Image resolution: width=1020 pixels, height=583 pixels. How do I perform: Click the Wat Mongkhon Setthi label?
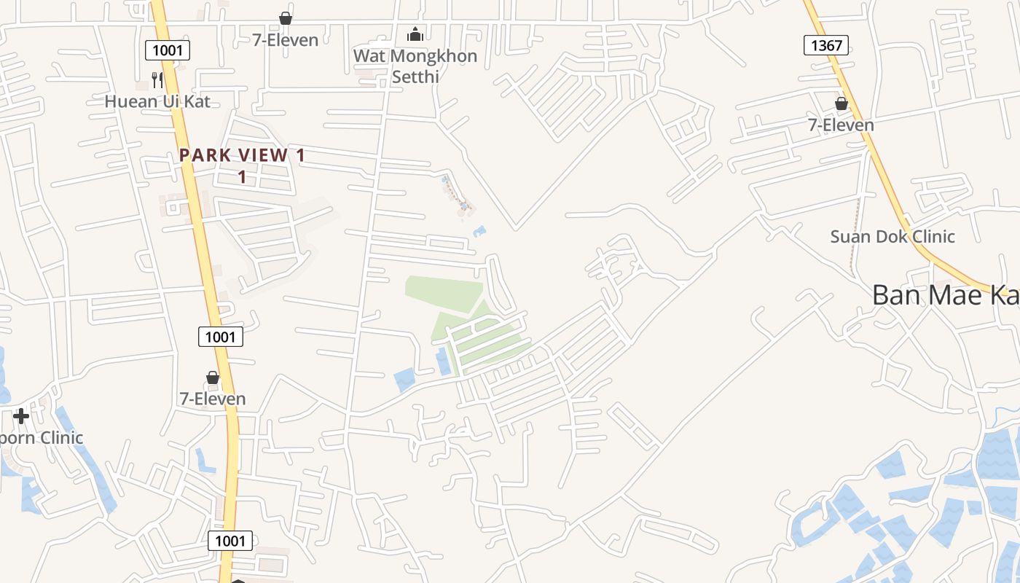[415, 66]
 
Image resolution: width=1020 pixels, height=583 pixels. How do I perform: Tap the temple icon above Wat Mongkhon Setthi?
[415, 34]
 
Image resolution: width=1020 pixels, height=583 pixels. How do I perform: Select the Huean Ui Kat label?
[157, 101]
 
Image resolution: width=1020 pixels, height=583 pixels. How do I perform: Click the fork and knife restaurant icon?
[157, 79]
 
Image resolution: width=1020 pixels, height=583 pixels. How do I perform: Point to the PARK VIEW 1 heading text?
[243, 155]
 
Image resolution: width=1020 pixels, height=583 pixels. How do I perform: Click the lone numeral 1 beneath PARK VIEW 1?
[243, 177]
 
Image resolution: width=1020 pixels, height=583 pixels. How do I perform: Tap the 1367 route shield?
[826, 45]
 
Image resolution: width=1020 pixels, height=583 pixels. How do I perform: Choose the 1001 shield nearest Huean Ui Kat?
[168, 50]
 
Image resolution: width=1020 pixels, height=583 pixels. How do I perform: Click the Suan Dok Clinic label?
[892, 237]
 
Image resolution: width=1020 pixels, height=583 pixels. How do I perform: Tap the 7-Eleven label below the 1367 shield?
[841, 125]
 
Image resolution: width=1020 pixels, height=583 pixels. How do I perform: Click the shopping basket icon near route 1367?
[841, 103]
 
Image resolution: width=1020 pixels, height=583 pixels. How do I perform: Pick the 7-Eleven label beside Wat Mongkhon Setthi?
[286, 40]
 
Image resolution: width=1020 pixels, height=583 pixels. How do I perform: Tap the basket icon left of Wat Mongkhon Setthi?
[286, 18]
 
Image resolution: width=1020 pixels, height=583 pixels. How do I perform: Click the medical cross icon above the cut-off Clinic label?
[21, 416]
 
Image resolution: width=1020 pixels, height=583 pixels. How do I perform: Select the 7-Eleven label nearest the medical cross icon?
[213, 399]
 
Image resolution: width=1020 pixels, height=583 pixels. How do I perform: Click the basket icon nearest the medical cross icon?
[213, 377]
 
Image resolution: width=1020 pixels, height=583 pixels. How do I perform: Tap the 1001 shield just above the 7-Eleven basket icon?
[221, 336]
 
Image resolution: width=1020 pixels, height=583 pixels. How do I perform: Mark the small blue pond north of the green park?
[479, 232]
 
